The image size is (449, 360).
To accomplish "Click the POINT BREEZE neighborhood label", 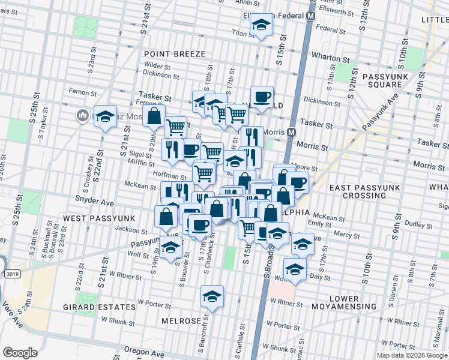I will point(175,54).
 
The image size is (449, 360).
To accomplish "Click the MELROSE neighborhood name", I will point(181,321).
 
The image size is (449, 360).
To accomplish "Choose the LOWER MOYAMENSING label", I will point(353,307).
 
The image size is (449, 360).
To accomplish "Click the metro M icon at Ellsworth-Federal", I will point(311,16).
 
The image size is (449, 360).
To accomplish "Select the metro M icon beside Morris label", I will point(292,132).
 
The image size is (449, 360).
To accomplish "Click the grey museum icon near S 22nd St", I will point(82,115).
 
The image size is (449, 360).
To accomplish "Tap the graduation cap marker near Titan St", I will point(261,26).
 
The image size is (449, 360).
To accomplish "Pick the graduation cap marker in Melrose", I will point(211,297).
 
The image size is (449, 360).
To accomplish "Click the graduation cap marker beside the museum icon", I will point(105,117).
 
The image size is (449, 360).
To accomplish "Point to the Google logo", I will point(20,353).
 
